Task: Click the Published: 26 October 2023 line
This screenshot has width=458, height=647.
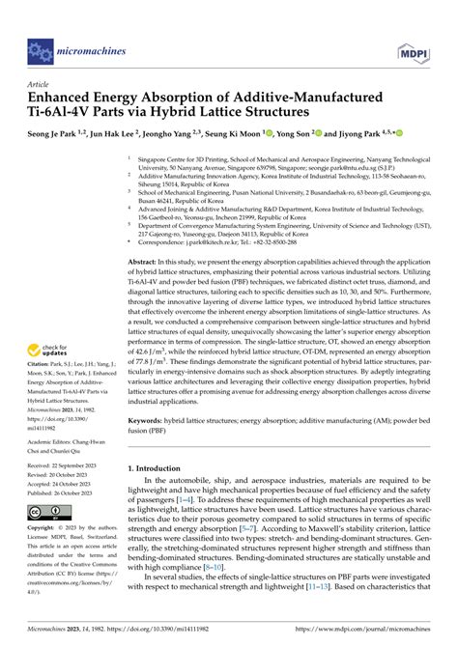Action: pyautogui.click(x=65, y=491)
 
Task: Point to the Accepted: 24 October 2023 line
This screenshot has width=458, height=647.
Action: pyautogui.click(x=62, y=482)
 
